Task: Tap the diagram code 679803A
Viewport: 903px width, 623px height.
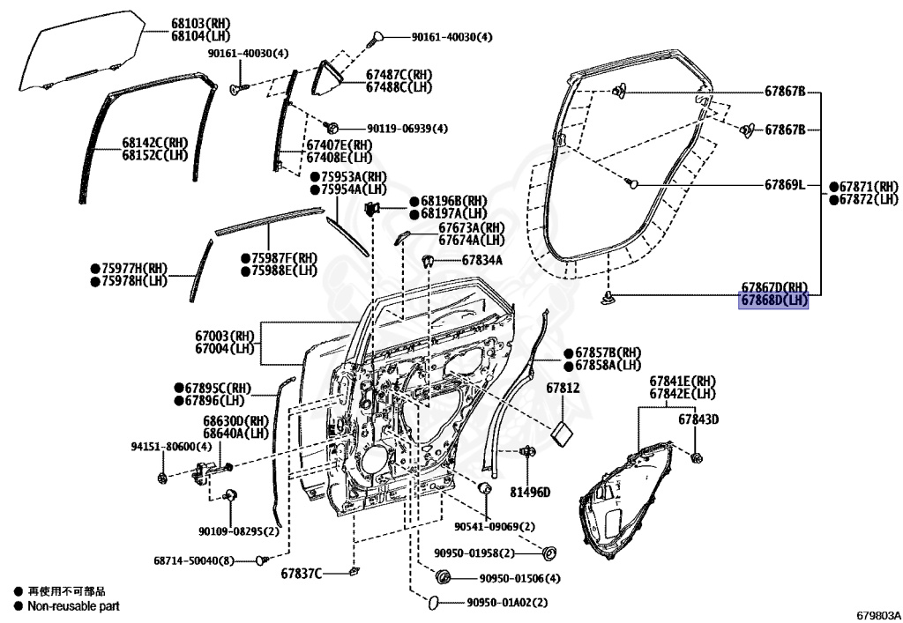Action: tap(876, 614)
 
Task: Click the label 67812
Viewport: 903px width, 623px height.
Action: tap(562, 388)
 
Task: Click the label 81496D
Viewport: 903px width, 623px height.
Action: tap(529, 492)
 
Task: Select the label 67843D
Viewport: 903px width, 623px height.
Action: tap(698, 419)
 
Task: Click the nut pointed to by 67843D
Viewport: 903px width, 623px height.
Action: tap(697, 456)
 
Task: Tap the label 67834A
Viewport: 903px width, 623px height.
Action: tap(481, 260)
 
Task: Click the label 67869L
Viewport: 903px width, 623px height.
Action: tap(784, 185)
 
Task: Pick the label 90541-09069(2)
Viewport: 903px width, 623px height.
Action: tap(495, 526)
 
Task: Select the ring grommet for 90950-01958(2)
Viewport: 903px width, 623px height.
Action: tap(549, 553)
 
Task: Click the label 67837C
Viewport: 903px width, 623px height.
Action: tap(302, 574)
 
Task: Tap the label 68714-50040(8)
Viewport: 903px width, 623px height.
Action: tap(194, 560)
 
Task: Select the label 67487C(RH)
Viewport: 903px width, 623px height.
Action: tap(399, 75)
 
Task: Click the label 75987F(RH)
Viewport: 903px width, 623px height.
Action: tap(284, 258)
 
